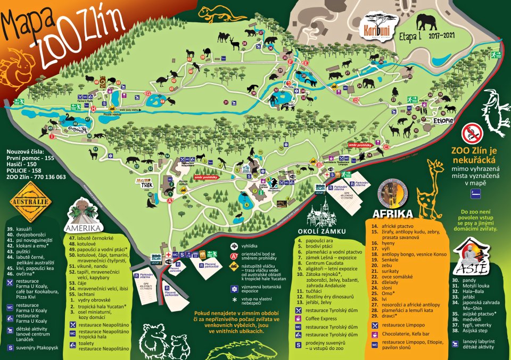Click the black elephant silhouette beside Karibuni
(426, 22)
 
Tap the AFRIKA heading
(393, 214)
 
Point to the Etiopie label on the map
(443, 121)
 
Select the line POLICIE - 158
(27, 170)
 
